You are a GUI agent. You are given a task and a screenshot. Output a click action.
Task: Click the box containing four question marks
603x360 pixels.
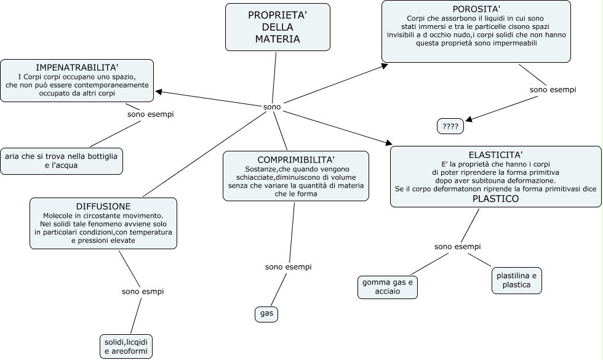(450, 126)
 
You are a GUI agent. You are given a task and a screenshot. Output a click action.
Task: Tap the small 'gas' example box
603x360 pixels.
(266, 314)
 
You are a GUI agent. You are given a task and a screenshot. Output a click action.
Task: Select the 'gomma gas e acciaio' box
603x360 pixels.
(387, 287)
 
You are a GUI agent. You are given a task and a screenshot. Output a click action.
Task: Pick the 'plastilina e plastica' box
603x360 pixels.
(516, 281)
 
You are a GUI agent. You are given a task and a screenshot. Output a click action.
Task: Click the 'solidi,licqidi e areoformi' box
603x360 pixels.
(126, 346)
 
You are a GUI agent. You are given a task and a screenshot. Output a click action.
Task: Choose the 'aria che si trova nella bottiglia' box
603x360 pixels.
(62, 161)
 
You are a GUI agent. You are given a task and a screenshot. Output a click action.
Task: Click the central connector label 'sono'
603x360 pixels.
(272, 107)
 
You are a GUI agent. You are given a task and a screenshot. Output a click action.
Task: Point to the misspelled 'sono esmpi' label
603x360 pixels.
(143, 292)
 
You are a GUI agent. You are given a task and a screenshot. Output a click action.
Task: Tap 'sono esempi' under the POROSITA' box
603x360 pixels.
(553, 90)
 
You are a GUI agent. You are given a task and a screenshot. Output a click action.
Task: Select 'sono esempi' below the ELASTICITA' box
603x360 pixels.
(458, 247)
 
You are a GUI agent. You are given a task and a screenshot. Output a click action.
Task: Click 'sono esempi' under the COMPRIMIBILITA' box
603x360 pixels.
(289, 267)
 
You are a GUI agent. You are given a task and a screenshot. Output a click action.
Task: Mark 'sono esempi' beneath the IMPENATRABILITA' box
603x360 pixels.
(151, 114)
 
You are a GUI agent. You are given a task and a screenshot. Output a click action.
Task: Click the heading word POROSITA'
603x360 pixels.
(476, 9)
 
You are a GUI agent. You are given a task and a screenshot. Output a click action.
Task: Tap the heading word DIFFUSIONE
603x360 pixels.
(103, 207)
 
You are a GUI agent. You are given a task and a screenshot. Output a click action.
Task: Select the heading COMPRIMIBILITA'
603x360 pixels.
(296, 159)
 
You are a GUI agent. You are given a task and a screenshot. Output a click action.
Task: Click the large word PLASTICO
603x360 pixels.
(496, 199)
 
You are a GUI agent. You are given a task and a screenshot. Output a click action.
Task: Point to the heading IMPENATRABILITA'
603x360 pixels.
(77, 68)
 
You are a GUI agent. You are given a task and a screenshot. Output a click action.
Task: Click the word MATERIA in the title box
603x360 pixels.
(278, 39)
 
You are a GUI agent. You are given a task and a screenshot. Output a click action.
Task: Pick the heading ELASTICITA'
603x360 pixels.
(496, 155)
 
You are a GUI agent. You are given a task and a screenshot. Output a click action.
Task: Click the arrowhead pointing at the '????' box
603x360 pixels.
(469, 119)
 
